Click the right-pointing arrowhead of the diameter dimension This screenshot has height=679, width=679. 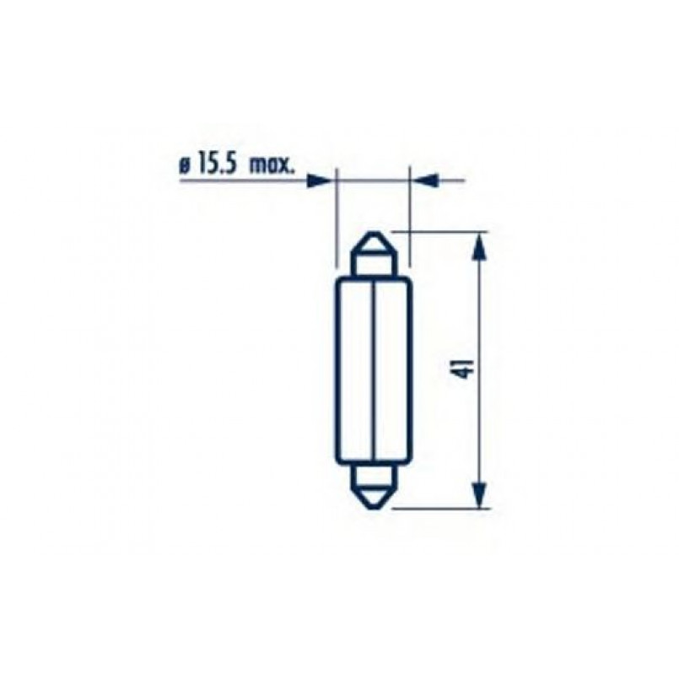click(319, 181)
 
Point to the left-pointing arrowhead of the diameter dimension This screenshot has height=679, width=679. click(427, 181)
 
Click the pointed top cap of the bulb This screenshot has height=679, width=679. click(373, 250)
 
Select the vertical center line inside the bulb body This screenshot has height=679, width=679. click(373, 371)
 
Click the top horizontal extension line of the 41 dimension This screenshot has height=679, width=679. click(439, 229)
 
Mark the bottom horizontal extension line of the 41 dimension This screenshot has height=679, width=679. click(439, 509)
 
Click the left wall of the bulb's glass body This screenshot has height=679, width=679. click(337, 371)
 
